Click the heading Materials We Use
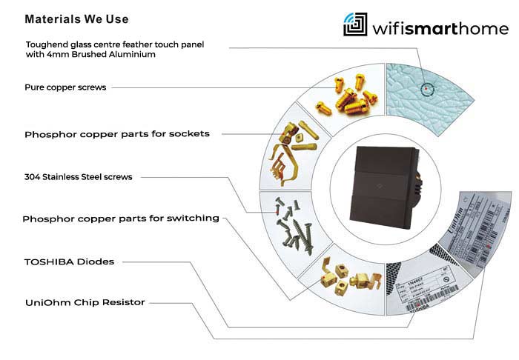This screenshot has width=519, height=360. coord(76,19)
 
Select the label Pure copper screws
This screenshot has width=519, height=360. coord(65,87)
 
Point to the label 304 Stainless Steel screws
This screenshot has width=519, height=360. coord(79,177)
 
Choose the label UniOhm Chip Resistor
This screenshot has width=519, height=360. coord(85,302)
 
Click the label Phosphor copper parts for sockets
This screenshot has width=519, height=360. coord(116,134)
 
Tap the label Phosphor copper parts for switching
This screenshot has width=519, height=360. coord(121,219)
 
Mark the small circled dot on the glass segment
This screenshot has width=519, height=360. coord(426,90)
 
